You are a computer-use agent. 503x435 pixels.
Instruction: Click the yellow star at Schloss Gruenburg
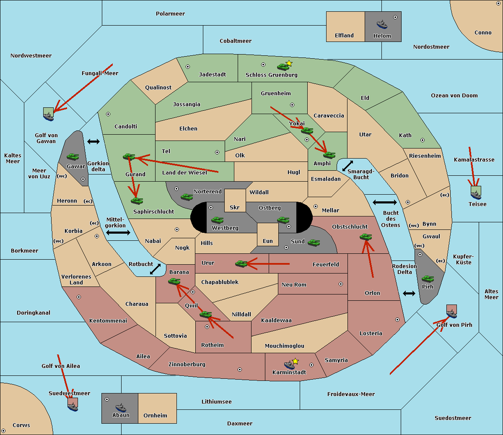coord(289,63)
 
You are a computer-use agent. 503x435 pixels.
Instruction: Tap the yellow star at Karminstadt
coord(295,361)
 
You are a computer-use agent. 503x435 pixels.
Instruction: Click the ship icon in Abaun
coord(121,407)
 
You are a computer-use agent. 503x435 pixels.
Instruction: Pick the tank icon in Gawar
coord(73,157)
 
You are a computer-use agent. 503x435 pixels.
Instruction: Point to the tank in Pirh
coord(428,279)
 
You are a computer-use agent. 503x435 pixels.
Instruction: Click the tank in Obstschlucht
coord(366,237)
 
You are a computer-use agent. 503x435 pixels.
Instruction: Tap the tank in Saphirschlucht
coord(137,201)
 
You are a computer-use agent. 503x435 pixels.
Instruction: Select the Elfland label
coord(344,36)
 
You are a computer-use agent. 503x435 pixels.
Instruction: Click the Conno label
coord(483,33)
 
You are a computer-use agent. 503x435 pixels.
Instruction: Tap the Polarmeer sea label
coord(170,14)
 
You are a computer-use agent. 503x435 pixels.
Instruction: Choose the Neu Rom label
coord(294,285)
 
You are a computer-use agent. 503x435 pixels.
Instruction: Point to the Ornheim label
coord(155,416)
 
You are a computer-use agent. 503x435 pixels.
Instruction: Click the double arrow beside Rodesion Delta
coord(409,293)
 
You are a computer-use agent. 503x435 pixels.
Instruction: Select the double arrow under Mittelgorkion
coord(118,232)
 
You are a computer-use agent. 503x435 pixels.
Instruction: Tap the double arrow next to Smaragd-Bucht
coord(347,166)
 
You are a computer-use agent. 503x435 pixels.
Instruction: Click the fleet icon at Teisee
coord(476,193)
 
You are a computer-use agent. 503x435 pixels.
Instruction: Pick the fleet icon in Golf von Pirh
coord(451,312)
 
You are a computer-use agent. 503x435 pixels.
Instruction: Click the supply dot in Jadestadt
coord(188,67)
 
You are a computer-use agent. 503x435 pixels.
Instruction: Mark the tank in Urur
coord(241,263)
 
